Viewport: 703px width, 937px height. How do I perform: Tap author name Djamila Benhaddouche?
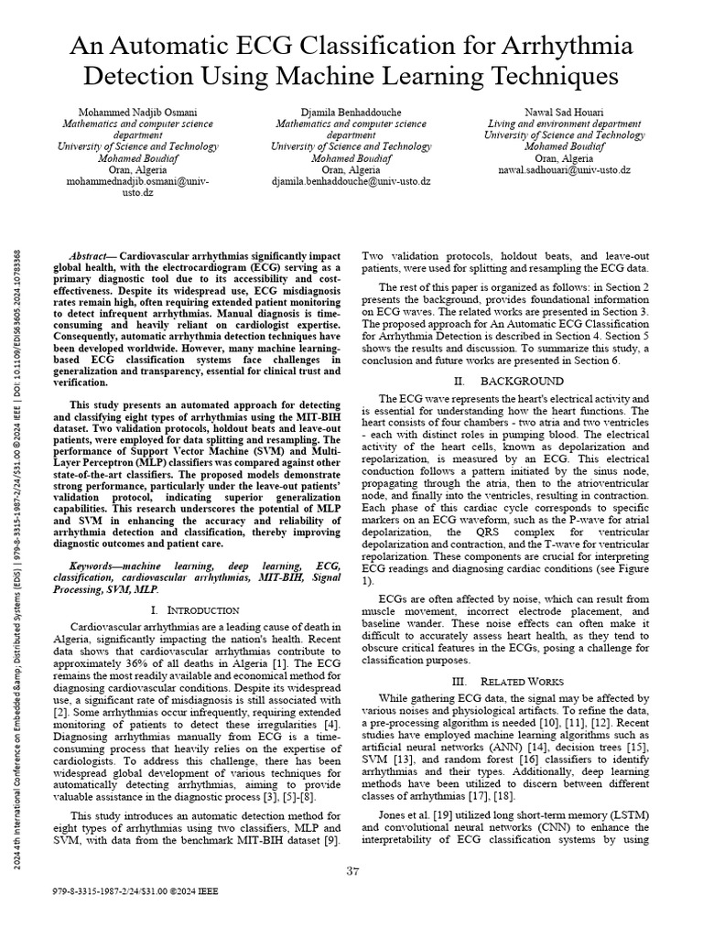[351, 112]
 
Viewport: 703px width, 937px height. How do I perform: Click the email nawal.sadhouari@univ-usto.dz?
[564, 170]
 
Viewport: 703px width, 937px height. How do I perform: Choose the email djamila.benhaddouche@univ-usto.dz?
[351, 181]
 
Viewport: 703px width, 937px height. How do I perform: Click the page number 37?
[351, 870]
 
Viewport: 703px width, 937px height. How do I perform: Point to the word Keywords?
[96, 569]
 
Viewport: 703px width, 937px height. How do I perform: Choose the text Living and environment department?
[564, 124]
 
